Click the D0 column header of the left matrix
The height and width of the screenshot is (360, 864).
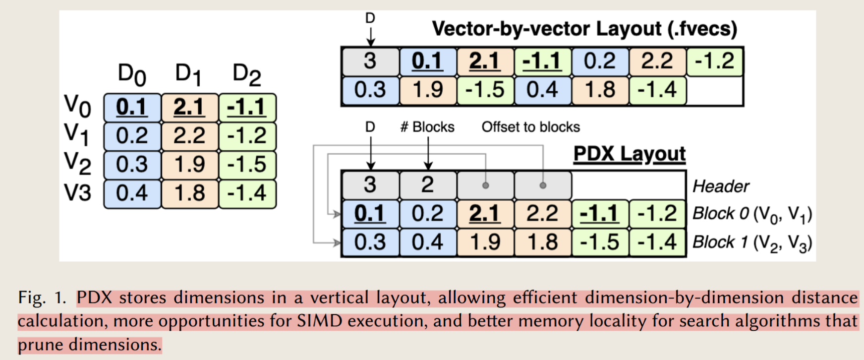point(132,75)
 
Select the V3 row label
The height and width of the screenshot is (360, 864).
point(77,192)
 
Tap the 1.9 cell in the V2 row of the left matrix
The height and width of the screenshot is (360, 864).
point(190,165)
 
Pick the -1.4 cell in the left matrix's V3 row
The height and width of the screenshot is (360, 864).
point(247,193)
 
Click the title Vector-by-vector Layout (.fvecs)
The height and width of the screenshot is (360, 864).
point(584,29)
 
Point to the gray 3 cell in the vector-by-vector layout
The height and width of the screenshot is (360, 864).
point(370,61)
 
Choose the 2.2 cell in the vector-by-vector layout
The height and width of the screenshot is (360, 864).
point(657,61)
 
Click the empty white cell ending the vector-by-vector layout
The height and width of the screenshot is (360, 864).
point(714,90)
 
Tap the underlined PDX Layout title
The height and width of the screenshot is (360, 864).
point(630,154)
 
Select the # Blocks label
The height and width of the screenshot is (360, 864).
point(427,127)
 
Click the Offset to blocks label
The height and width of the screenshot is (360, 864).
point(530,127)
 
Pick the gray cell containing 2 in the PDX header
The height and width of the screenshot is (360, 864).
point(428,185)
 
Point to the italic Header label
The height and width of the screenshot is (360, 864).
point(721,186)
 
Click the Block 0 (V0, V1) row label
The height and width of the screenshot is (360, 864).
point(752,214)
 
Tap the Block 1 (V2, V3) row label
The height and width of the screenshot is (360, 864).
point(752,243)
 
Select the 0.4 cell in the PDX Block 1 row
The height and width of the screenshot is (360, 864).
point(428,242)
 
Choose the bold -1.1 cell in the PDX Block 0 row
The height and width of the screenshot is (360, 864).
point(600,214)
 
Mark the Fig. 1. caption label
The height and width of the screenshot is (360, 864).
point(42,298)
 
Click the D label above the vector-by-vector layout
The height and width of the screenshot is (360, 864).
point(370,18)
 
